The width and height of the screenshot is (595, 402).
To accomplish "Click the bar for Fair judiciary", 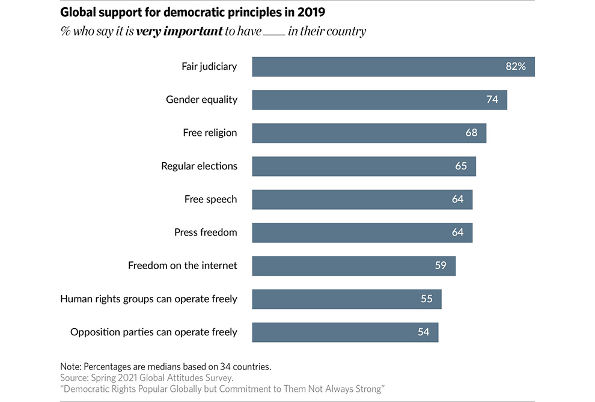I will point(393,67).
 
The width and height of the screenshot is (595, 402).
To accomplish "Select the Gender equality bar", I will point(379,100).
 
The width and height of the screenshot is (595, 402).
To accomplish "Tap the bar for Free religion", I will point(369,133).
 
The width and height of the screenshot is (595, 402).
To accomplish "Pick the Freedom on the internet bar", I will point(353,266).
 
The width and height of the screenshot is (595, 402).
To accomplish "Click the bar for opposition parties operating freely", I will point(345,332).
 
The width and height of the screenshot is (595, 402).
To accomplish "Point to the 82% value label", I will point(515,67).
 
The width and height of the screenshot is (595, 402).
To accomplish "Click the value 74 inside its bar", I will point(492,100).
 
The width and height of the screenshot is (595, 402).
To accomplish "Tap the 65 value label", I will point(460,166).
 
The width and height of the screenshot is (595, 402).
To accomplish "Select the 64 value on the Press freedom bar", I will point(457,233).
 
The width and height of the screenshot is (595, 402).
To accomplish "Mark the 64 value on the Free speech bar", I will point(457,199).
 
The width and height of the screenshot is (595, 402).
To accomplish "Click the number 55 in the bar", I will point(426,299).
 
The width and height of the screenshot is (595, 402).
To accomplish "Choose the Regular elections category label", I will point(199,166).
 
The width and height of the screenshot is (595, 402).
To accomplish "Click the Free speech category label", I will point(210,199).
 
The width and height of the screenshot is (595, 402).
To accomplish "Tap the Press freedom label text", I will point(206,233).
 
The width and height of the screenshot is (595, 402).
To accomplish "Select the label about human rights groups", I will point(148,299).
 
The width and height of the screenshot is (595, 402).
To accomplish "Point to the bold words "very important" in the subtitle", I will point(179,31).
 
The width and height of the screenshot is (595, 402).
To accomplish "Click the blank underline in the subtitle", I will point(274,34).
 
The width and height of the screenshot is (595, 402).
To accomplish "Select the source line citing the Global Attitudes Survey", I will point(146,378).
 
